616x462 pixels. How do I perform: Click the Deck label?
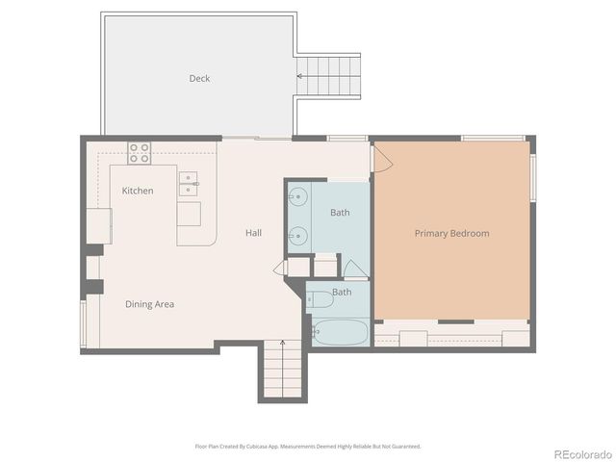[199, 79]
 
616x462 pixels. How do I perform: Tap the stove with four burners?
[141, 152]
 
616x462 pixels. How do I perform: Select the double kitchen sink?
[189, 179]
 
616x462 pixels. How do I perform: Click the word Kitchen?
[138, 191]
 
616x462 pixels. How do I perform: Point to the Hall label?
[253, 233]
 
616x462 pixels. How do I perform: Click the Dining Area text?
[149, 304]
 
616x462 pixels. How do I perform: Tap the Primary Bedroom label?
[451, 233]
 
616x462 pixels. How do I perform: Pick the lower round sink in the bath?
[298, 233]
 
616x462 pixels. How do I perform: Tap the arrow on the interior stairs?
[282, 344]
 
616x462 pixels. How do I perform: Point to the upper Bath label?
[340, 212]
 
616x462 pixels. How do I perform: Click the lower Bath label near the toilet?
[342, 292]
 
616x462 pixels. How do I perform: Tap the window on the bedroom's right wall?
[532, 177]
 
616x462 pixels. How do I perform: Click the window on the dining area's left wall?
[84, 323]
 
